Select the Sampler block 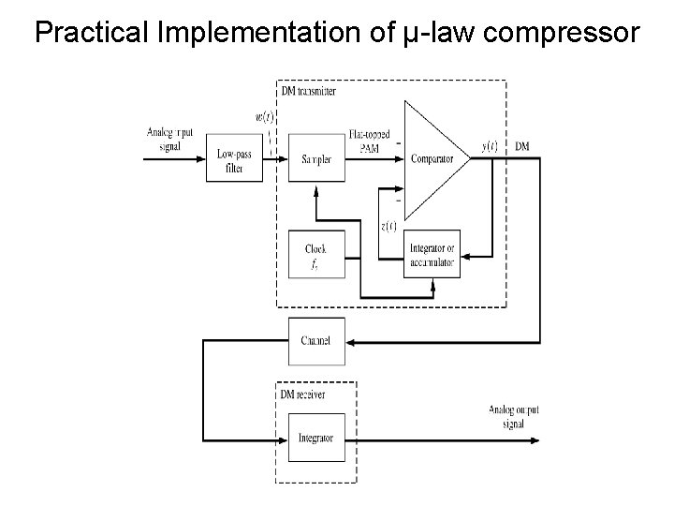(x=316, y=159)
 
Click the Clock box (x=316, y=254)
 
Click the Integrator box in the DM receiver (x=316, y=438)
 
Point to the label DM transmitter (x=310, y=91)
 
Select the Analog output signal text (x=513, y=416)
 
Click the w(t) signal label (x=265, y=117)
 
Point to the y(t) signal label (x=490, y=146)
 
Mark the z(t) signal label (x=388, y=225)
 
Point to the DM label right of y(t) (x=521, y=146)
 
